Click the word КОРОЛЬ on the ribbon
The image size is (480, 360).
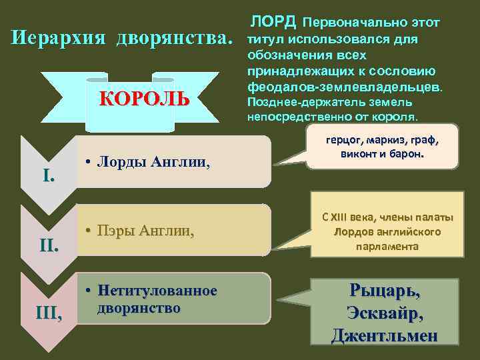145,100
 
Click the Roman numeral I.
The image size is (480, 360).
48,177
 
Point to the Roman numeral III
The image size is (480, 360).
49,311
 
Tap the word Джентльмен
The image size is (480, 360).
385,335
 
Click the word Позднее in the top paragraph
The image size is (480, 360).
271,103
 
